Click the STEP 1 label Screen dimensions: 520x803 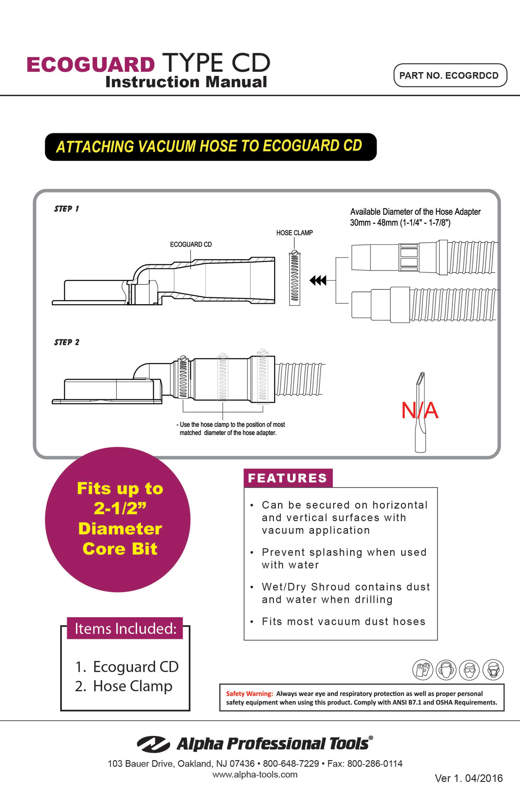(67, 209)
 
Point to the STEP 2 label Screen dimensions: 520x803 (67, 342)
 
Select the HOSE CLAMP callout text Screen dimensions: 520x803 (294, 233)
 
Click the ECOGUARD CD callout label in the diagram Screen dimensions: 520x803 (191, 244)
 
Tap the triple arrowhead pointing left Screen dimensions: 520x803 (318, 280)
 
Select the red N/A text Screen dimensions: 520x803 (420, 410)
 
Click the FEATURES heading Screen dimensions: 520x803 (288, 478)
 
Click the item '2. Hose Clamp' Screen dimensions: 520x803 (124, 686)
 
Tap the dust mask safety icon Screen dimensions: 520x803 (493, 670)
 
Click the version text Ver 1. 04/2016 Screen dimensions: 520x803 (469, 778)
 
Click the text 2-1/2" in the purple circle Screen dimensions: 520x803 (120, 508)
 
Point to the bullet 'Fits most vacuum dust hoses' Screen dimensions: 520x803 (344, 622)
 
